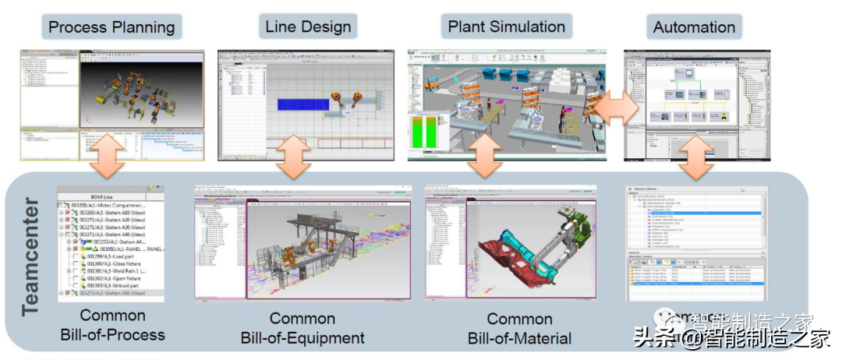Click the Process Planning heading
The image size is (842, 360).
(x=111, y=27)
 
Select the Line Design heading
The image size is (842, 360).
(x=309, y=26)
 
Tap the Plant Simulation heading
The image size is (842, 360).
(x=506, y=26)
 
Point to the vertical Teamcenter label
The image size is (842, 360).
(x=30, y=256)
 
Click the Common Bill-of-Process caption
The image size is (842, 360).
(x=113, y=325)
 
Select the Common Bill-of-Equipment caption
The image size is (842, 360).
(x=302, y=328)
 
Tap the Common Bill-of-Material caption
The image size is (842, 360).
(x=519, y=328)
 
